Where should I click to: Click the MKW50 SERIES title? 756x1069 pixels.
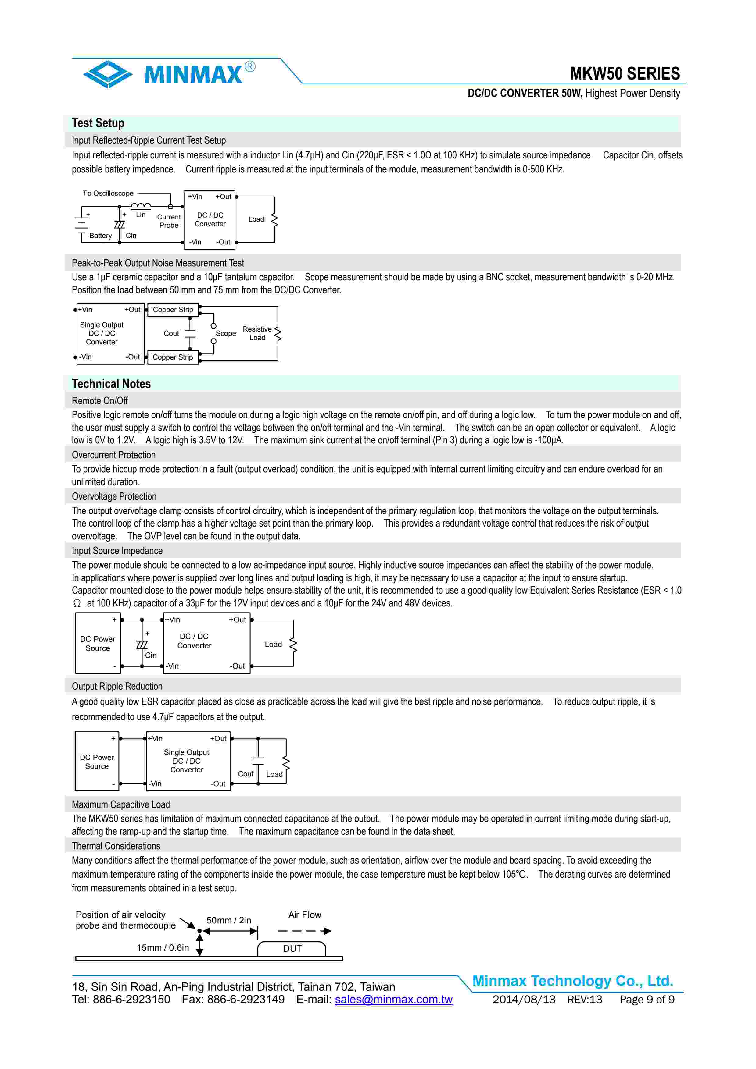click(624, 73)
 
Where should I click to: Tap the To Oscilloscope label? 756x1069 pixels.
click(108, 193)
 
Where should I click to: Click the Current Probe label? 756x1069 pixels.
click(169, 221)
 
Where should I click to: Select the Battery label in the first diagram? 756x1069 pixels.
click(101, 236)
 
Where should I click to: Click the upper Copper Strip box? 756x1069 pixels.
click(173, 310)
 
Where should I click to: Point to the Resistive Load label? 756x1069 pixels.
click(257, 333)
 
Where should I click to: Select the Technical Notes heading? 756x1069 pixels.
click(111, 384)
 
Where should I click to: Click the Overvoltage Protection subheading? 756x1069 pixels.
click(114, 496)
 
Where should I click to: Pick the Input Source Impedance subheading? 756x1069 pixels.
click(117, 551)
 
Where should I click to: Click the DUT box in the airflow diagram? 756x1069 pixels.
click(292, 948)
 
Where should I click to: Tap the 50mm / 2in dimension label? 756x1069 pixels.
click(229, 920)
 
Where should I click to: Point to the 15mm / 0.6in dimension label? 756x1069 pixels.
click(163, 947)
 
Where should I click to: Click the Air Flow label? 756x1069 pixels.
click(305, 915)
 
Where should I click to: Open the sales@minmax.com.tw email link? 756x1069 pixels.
click(394, 999)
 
